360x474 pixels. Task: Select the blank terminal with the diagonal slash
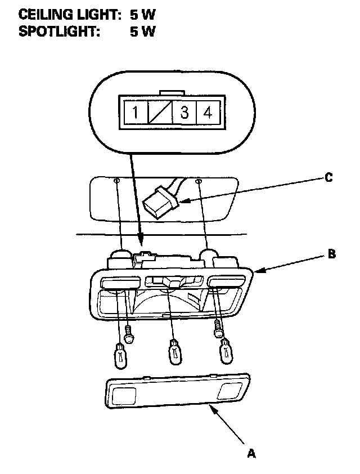pyautogui.click(x=159, y=113)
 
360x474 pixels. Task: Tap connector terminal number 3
pyautogui.click(x=184, y=113)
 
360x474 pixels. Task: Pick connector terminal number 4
pyautogui.click(x=208, y=113)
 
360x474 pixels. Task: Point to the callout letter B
pyautogui.click(x=332, y=254)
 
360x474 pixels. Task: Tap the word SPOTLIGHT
pyautogui.click(x=59, y=32)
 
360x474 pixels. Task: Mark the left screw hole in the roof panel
pyautogui.click(x=116, y=181)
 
